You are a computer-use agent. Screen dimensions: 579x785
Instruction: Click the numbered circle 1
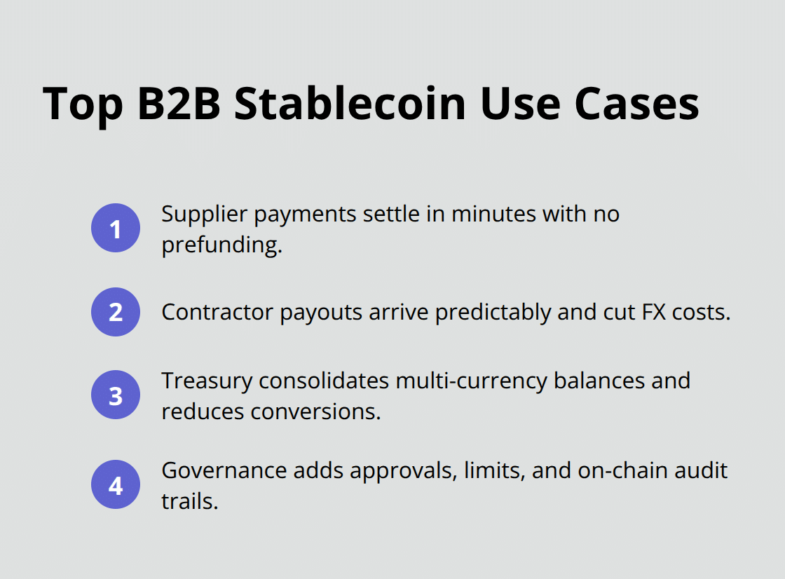[x=116, y=228]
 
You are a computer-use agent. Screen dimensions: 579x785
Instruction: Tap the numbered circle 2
[x=116, y=312]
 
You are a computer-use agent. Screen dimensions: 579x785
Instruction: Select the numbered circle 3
[x=116, y=395]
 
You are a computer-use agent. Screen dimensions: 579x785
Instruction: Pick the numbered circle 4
[x=116, y=484]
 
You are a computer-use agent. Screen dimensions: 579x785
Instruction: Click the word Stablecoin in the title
[x=350, y=104]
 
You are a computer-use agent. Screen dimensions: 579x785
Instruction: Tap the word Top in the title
[x=82, y=104]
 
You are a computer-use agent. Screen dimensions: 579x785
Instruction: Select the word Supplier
[x=205, y=214]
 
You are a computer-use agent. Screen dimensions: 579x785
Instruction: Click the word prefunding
[x=221, y=245]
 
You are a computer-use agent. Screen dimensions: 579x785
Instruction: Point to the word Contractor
[x=218, y=313]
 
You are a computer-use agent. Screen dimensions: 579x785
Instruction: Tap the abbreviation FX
[x=651, y=313]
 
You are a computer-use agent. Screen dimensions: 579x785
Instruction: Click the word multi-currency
[x=472, y=381]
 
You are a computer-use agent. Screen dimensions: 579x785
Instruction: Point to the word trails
[x=189, y=500]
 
